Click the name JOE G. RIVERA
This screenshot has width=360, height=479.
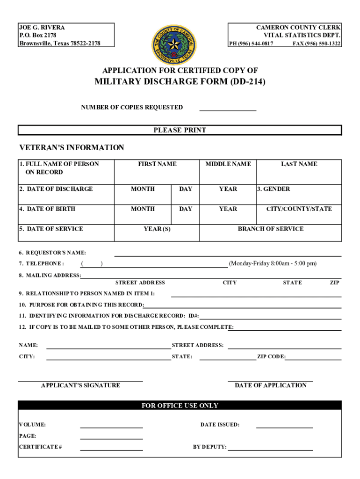coord(42,28)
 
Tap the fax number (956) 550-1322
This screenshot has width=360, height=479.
coord(317,44)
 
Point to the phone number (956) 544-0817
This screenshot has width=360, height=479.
coord(251,44)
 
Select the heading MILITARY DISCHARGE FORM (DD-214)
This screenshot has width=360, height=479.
coord(180,83)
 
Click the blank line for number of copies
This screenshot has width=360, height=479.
coord(228,109)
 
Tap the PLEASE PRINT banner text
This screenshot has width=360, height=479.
coord(180,130)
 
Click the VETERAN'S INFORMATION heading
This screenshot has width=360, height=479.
coord(72,148)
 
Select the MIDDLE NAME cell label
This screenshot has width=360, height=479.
coord(228,164)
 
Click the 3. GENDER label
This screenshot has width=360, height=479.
coord(273,189)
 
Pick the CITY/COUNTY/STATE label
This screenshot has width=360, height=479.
coord(299,209)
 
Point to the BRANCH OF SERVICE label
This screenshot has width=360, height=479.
coord(271,229)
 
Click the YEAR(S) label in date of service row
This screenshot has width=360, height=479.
coord(157,229)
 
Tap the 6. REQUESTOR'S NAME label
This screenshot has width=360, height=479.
coord(52,253)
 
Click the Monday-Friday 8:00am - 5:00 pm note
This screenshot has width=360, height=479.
coord(273,263)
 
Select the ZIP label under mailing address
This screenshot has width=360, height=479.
coord(334,283)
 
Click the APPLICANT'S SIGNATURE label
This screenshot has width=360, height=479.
coord(80,385)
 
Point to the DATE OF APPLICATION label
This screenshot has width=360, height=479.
coord(271,385)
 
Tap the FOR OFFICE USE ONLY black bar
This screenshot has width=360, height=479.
coord(180,406)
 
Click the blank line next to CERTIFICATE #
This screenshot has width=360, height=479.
coord(111,449)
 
